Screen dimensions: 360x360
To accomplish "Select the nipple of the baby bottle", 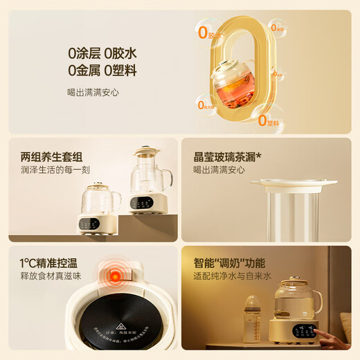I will [x=254, y=301].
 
